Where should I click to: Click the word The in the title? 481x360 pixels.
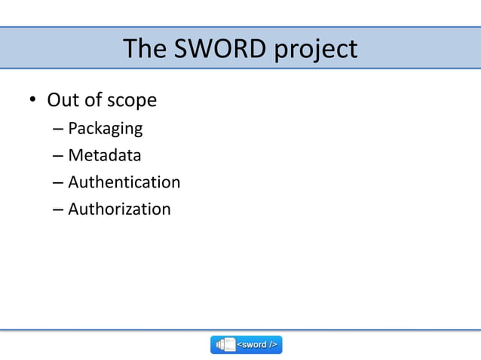pos(145,49)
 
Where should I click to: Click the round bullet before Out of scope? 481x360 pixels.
pos(32,101)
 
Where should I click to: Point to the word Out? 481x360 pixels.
pos(63,100)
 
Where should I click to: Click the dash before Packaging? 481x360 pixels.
pos(58,129)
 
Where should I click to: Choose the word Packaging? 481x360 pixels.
pos(105,129)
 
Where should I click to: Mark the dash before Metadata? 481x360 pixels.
pos(58,156)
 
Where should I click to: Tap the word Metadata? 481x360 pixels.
pos(104,155)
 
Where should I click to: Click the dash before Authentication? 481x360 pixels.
pos(58,183)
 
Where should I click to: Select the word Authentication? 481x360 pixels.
pos(124,182)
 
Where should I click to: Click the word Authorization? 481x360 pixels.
pos(119,209)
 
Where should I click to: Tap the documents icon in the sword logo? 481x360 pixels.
pos(225,345)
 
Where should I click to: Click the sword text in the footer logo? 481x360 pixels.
pos(257,345)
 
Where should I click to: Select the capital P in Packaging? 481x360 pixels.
pos(72,128)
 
